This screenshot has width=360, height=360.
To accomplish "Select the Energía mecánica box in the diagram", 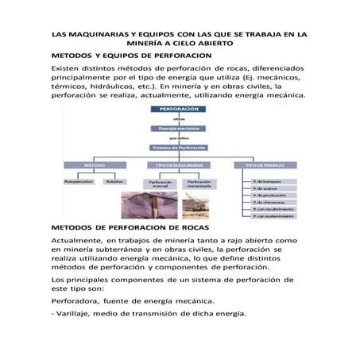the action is pos(179,127).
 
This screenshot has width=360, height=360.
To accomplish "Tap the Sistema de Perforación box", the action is pos(179,147).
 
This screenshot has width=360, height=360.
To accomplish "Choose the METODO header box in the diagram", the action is pos(95,165).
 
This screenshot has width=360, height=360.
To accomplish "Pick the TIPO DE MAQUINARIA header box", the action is pos(179,165).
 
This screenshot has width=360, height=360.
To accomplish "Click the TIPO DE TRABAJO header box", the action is pos(261,165).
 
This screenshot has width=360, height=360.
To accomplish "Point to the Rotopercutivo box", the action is pos(79,182).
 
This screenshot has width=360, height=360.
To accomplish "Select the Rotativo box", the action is pos(115,182).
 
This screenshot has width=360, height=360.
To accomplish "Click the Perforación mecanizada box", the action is pos(199,184).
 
